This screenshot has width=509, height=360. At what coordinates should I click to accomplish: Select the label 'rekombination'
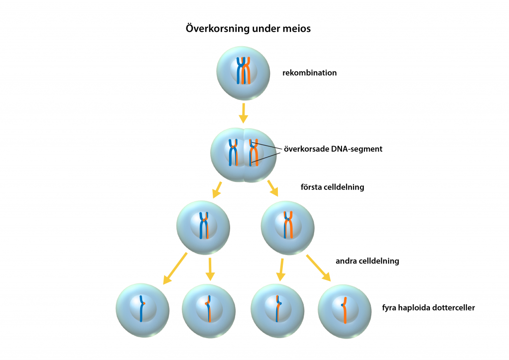pyautogui.click(x=310, y=73)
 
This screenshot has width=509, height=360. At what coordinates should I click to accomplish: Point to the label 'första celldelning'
pyautogui.click(x=333, y=187)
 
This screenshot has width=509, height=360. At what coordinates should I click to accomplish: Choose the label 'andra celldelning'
pyautogui.click(x=367, y=261)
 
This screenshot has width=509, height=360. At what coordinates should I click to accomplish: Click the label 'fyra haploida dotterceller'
pyautogui.click(x=428, y=308)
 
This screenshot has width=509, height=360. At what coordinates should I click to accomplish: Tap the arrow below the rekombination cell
pyautogui.click(x=243, y=113)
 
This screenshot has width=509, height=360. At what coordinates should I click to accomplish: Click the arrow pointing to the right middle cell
pyautogui.click(x=272, y=187)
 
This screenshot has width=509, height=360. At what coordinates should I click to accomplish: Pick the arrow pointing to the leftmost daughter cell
pyautogui.click(x=175, y=269)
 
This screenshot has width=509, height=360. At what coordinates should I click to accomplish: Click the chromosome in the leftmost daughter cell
pyautogui.click(x=142, y=308)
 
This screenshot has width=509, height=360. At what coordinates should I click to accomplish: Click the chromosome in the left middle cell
pyautogui.click(x=204, y=226)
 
